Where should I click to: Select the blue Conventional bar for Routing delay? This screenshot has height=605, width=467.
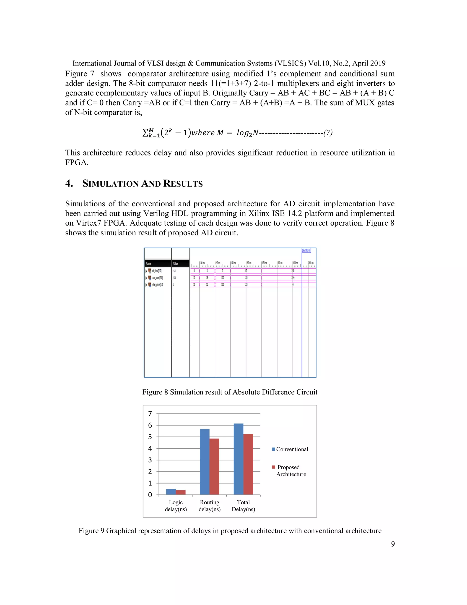(x=205, y=462)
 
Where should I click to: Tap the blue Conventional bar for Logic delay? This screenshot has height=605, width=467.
(x=171, y=492)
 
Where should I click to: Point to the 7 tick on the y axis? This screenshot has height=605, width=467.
(x=150, y=414)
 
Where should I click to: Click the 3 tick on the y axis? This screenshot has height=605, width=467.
(x=150, y=460)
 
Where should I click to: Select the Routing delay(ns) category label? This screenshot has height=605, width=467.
(x=209, y=506)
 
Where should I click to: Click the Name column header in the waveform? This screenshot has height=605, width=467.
(x=149, y=263)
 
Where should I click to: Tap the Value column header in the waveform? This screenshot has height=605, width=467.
(x=175, y=263)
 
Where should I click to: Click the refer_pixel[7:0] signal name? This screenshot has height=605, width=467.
(x=157, y=284)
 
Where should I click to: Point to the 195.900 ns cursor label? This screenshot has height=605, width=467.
(x=306, y=250)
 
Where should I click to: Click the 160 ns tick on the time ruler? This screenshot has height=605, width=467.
(x=249, y=263)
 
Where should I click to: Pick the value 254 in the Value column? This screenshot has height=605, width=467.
(x=174, y=278)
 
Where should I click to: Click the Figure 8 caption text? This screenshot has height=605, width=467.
(x=230, y=392)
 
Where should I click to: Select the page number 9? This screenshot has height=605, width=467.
(x=393, y=544)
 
